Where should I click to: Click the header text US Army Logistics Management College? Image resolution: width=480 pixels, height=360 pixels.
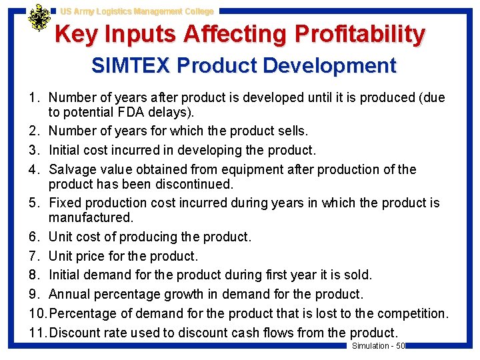pyautogui.click(x=137, y=11)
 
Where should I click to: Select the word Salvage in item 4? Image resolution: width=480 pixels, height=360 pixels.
pyautogui.click(x=72, y=169)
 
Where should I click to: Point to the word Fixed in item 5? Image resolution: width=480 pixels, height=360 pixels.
pyautogui.click(x=64, y=203)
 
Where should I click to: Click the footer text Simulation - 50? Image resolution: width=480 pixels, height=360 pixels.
pyautogui.click(x=378, y=345)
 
